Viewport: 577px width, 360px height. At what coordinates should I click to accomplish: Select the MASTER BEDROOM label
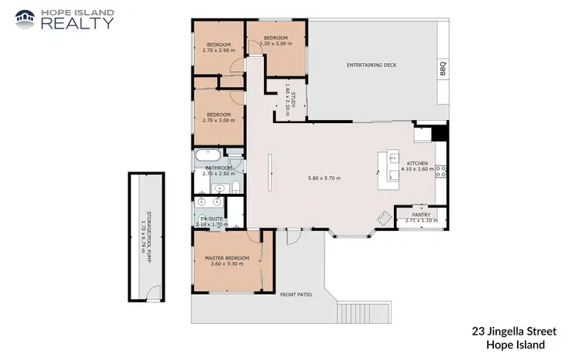coord(227,258)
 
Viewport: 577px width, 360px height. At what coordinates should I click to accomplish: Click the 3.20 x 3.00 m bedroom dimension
coord(275,44)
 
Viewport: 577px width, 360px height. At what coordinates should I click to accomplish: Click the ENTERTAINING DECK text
coord(372,65)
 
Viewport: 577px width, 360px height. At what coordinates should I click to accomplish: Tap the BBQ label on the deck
coord(442,67)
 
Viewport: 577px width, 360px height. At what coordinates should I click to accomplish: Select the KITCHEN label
coord(418,163)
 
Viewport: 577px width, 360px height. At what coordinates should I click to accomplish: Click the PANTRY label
coord(420,215)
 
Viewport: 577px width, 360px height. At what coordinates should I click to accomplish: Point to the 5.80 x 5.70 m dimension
coord(324,178)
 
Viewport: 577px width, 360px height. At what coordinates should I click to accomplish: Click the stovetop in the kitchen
coord(441,171)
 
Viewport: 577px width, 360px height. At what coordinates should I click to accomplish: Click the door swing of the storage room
coord(155,293)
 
